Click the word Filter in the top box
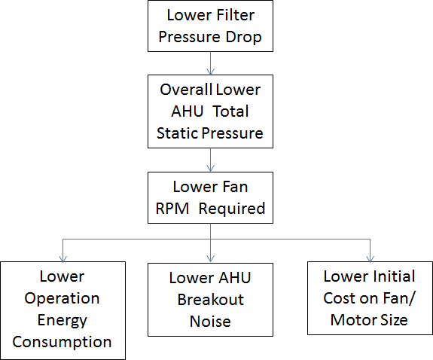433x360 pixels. pyautogui.click(x=235, y=15)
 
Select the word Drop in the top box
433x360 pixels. pyautogui.click(x=243, y=37)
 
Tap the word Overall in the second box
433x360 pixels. pyautogui.click(x=186, y=90)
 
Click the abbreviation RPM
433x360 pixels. pyautogui.click(x=172, y=209)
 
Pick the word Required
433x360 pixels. pyautogui.click(x=232, y=209)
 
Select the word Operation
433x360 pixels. pyautogui.click(x=62, y=299)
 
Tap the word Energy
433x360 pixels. pyautogui.click(x=63, y=321)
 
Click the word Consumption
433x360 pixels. pyautogui.click(x=62, y=343)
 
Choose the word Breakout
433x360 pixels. pyautogui.click(x=210, y=300)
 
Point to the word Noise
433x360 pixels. pyautogui.click(x=210, y=322)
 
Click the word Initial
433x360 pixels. pyautogui.click(x=394, y=276)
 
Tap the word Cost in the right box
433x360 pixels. pyautogui.click(x=338, y=298)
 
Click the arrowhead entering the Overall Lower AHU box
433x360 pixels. pyautogui.click(x=210, y=72)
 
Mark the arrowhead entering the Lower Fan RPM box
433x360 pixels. pyautogui.click(x=210, y=169)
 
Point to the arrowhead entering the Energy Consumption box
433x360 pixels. pyautogui.click(x=63, y=258)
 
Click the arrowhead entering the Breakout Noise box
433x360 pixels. pyautogui.click(x=210, y=258)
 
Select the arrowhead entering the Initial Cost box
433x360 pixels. pyautogui.click(x=370, y=258)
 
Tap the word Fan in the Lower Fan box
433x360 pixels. pyautogui.click(x=235, y=187)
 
